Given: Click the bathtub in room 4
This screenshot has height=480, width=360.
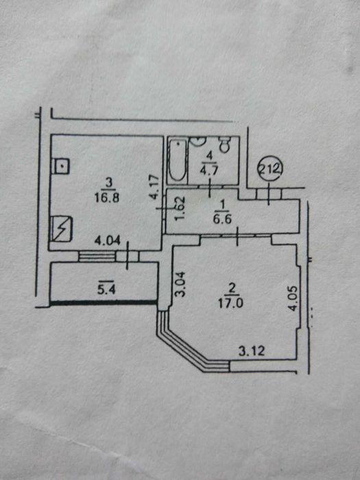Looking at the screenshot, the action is pyautogui.click(x=178, y=160).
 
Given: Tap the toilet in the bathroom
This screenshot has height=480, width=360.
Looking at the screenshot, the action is pyautogui.click(x=226, y=144).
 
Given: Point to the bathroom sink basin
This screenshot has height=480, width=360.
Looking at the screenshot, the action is pyautogui.click(x=197, y=141).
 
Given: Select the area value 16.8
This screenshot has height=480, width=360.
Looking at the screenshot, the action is pyautogui.click(x=107, y=197).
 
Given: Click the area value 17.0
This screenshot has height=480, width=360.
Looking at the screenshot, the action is pyautogui.click(x=230, y=304).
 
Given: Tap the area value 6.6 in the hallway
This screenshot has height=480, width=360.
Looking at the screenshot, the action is pyautogui.click(x=222, y=219).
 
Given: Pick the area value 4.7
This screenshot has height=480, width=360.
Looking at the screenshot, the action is pyautogui.click(x=208, y=170).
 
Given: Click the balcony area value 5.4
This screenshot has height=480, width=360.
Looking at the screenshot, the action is pyautogui.click(x=106, y=289).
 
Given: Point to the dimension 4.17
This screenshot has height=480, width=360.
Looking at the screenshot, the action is pyautogui.click(x=155, y=187).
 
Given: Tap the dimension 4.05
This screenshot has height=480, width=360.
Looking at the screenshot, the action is pyautogui.click(x=293, y=298).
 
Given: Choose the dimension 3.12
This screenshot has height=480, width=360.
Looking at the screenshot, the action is pyautogui.click(x=252, y=351).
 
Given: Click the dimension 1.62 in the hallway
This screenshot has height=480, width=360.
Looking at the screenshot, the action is pyautogui.click(x=180, y=208).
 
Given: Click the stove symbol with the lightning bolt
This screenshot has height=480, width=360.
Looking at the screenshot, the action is pyautogui.click(x=62, y=228).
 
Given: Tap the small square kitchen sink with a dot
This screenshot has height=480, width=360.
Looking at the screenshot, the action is pyautogui.click(x=61, y=167).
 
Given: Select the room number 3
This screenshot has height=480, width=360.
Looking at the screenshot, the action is pyautogui.click(x=108, y=183).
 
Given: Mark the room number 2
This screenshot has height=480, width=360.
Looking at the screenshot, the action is pyautogui.click(x=232, y=289).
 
